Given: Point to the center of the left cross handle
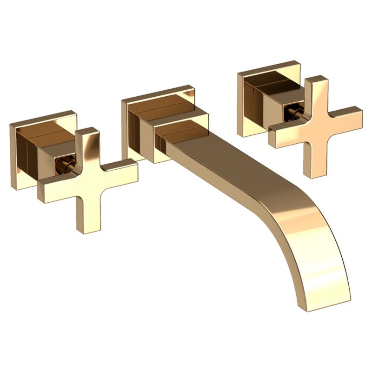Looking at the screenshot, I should [x=88, y=179].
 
